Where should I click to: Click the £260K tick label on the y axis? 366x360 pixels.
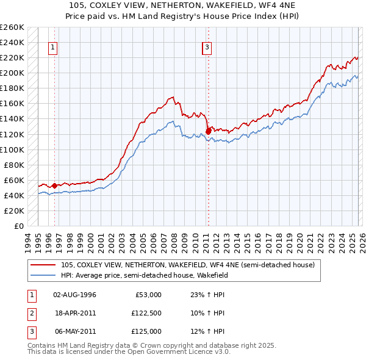[12, 27]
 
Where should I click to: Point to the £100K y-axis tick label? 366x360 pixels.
[12, 149]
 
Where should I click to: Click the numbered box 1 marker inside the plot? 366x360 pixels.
[54, 47]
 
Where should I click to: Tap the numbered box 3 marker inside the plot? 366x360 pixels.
[207, 47]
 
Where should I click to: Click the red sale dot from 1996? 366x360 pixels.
[54, 185]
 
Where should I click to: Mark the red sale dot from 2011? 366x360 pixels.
[208, 130]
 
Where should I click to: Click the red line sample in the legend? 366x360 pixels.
[44, 265]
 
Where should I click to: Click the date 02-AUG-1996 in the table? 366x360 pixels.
[74, 295]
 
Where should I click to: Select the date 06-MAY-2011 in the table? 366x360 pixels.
[74, 331]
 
